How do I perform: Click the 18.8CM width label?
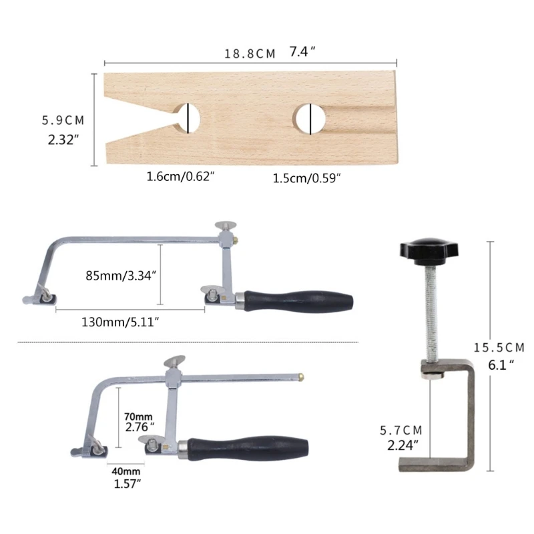[250, 53]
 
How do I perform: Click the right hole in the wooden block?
[309, 118]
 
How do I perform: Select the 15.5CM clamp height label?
[499, 347]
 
